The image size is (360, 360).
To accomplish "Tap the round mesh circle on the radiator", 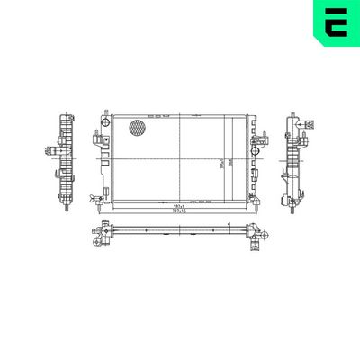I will tap(137, 128).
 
